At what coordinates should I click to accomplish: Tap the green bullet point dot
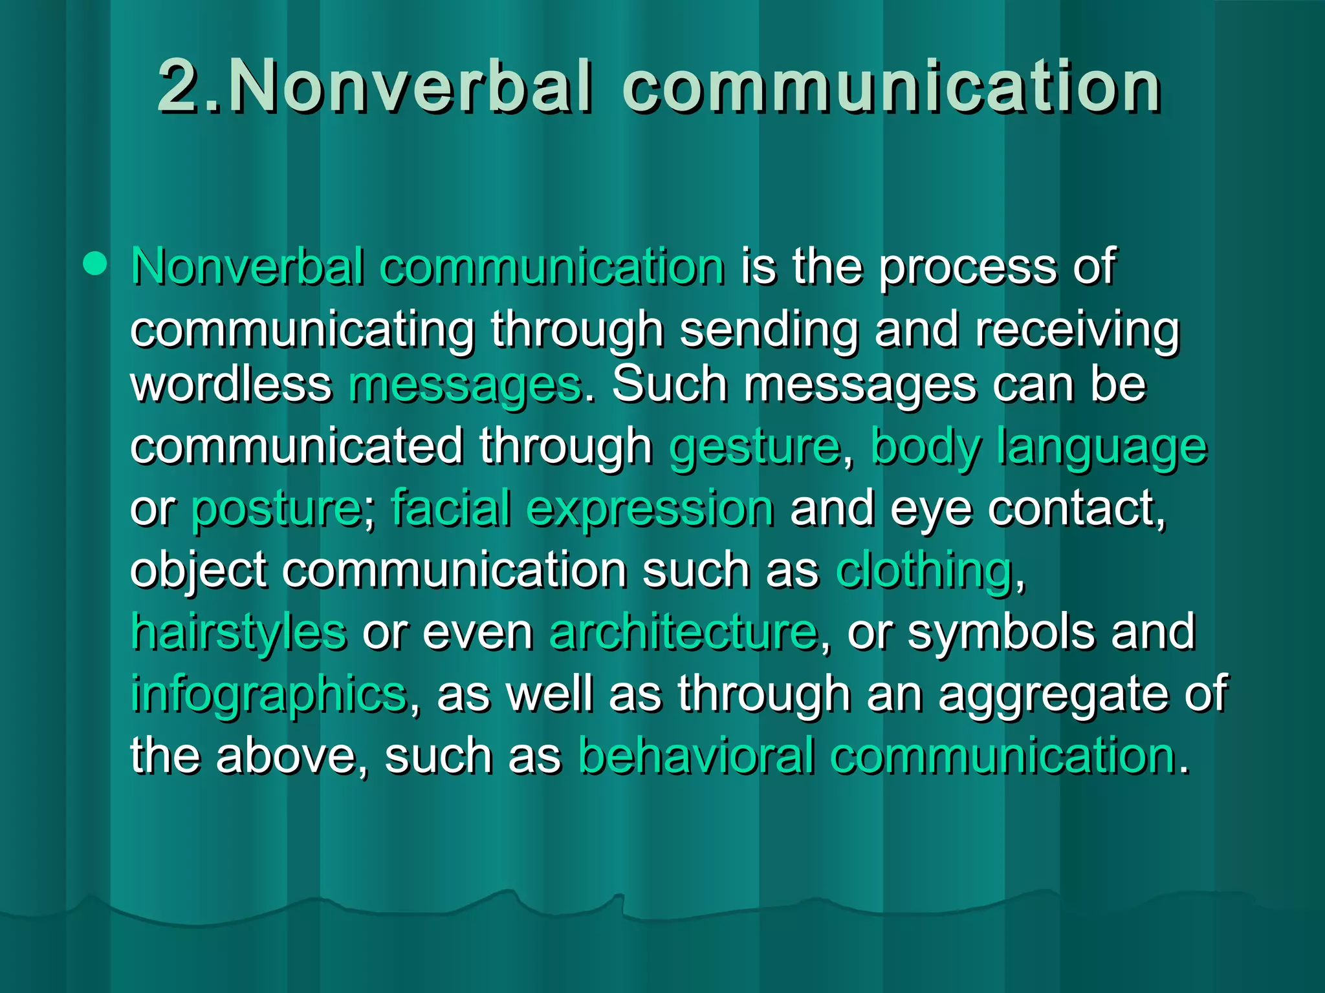95,264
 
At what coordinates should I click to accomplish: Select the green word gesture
754,447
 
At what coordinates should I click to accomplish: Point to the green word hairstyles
238,632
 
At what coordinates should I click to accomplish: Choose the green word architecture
683,632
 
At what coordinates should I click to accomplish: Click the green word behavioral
695,755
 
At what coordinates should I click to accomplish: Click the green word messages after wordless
465,387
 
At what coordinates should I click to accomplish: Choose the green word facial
450,508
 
